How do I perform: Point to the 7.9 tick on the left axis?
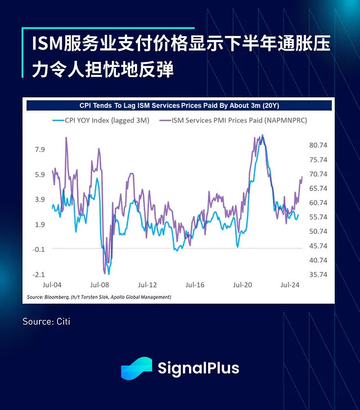point(39,149)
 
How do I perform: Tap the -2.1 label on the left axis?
point(38,274)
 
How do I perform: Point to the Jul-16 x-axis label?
point(195,285)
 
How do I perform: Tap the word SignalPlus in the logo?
point(198,368)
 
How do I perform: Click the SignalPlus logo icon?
point(136,368)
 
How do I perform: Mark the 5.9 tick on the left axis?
point(39,174)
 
